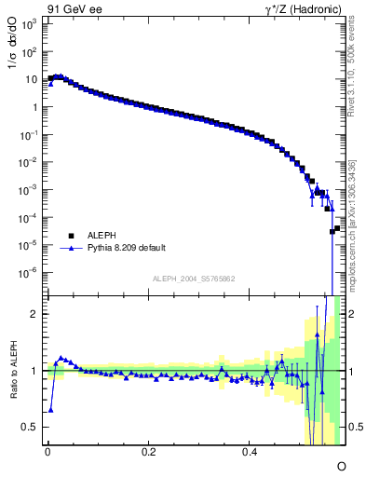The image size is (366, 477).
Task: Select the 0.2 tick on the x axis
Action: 148,451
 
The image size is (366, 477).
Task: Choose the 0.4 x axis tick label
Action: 250,451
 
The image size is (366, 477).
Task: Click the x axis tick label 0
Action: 47,451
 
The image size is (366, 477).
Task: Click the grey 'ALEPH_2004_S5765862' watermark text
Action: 193,280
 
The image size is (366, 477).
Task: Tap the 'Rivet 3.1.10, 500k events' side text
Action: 358,75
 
